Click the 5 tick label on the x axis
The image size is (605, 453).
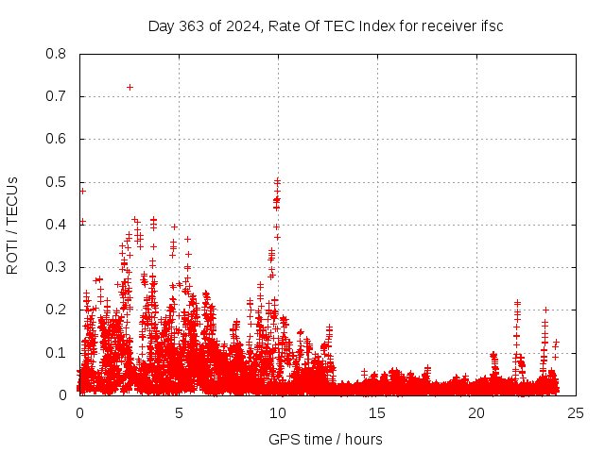pos(179,412)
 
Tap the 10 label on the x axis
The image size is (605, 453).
pos(278,412)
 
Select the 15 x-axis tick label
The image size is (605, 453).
pos(377,412)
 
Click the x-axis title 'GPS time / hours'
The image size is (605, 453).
pos(325,439)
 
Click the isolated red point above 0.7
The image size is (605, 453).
pos(130,87)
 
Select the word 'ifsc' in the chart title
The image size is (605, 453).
pos(491,25)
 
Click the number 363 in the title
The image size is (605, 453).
pos(193,25)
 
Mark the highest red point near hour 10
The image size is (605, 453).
pos(277,180)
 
